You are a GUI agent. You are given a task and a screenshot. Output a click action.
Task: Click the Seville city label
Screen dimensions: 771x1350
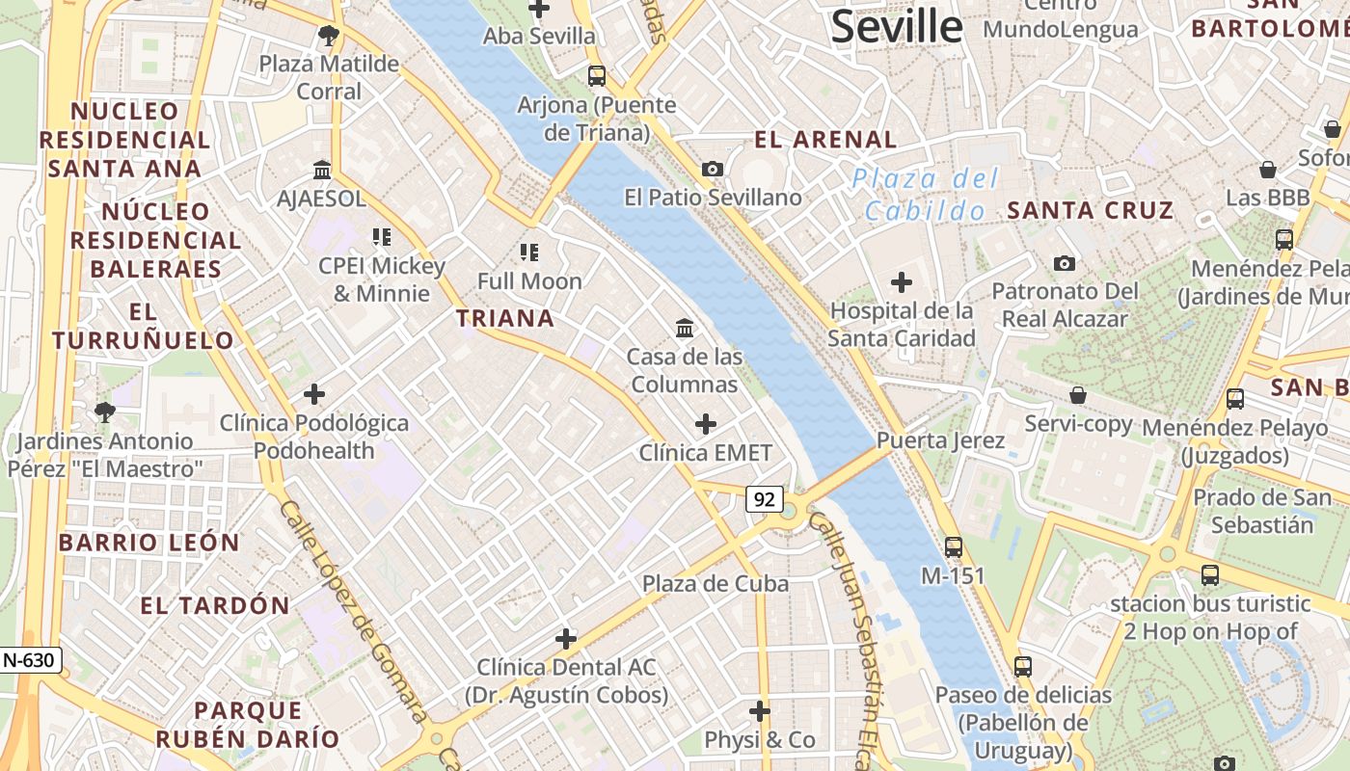coord(896,26)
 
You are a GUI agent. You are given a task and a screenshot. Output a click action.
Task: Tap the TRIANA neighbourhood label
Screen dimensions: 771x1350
coord(505,318)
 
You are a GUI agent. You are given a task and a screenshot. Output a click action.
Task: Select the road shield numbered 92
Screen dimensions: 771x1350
coord(764,499)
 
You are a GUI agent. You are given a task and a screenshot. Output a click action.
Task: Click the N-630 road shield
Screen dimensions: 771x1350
coord(31,660)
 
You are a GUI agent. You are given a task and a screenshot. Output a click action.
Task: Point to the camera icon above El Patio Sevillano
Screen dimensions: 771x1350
coord(713,170)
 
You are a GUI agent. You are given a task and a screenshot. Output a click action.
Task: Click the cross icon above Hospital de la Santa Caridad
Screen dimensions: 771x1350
coord(902,282)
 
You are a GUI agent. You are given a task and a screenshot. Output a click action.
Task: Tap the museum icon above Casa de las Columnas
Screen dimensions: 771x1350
coord(685,329)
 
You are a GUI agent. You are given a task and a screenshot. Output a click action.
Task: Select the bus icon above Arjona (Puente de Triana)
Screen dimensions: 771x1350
coord(597,76)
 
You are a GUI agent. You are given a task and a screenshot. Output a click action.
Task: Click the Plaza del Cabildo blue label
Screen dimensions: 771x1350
coord(925,195)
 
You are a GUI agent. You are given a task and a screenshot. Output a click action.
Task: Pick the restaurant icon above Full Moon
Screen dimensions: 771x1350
coord(529,253)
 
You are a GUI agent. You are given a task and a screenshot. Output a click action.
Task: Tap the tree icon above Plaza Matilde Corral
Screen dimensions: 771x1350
coord(329,37)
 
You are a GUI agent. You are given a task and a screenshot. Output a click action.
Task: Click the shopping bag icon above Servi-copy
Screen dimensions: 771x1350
coord(1078,395)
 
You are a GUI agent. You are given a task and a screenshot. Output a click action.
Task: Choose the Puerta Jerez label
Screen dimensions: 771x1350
coord(940,440)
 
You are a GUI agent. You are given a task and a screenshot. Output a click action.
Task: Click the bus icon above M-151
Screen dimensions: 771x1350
coord(954,547)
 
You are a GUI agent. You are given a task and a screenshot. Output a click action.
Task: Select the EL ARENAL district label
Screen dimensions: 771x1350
coord(825,140)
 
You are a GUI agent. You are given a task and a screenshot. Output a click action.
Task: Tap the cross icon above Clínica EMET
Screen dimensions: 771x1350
coord(706,424)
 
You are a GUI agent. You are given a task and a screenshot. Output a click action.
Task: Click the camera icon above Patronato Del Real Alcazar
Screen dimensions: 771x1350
coord(1065,263)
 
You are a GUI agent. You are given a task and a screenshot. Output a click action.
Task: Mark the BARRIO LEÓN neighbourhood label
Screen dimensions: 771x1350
coord(149,543)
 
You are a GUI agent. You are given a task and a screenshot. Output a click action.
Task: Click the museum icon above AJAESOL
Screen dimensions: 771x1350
coord(322,171)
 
